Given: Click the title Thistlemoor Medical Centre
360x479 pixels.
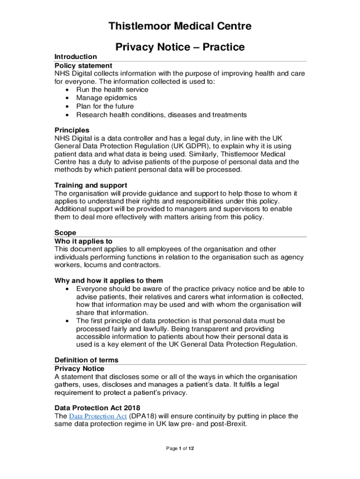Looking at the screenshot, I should click(180, 26).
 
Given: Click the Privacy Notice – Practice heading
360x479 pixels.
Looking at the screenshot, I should click(180, 47).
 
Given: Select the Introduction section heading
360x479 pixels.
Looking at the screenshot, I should click(76, 57).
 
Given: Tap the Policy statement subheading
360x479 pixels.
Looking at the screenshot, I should click(83, 65).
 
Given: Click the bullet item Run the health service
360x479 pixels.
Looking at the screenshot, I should click(112, 90).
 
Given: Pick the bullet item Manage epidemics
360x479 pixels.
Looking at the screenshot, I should click(107, 98).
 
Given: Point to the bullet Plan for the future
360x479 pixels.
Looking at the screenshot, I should click(105, 107).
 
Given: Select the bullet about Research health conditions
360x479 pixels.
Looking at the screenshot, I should click(161, 115).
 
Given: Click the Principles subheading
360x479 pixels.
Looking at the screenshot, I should click(72, 130).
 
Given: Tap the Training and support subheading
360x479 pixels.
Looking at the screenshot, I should click(91, 185).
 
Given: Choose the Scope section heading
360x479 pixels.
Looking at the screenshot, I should click(65, 232).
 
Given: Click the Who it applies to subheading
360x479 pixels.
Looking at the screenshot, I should click(84, 241).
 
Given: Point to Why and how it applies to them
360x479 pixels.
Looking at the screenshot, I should click(108, 281).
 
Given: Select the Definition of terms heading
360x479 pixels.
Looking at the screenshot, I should click(86, 360).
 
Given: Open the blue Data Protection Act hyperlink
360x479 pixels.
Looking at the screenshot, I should click(98, 416).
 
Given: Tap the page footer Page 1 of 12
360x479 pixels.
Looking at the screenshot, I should click(180, 449).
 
